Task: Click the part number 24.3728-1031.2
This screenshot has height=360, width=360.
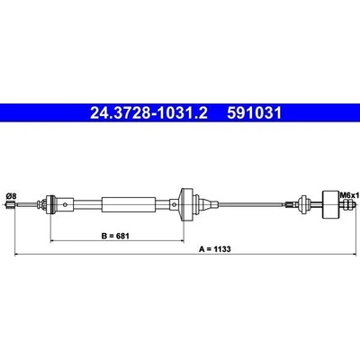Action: pos(148,113)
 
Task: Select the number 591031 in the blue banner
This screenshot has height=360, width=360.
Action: pos(255,113)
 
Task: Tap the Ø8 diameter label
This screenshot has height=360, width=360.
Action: pos(11,196)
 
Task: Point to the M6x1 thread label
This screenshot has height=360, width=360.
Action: pos(349,195)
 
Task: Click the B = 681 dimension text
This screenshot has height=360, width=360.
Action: pos(115,236)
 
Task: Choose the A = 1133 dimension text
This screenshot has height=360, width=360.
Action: pos(215,249)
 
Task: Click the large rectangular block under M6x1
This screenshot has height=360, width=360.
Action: pos(330,205)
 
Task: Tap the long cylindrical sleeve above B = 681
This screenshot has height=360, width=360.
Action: pos(129,204)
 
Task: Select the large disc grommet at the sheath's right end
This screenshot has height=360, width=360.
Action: pos(186,205)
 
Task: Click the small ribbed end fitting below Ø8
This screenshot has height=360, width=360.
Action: pos(10,205)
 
